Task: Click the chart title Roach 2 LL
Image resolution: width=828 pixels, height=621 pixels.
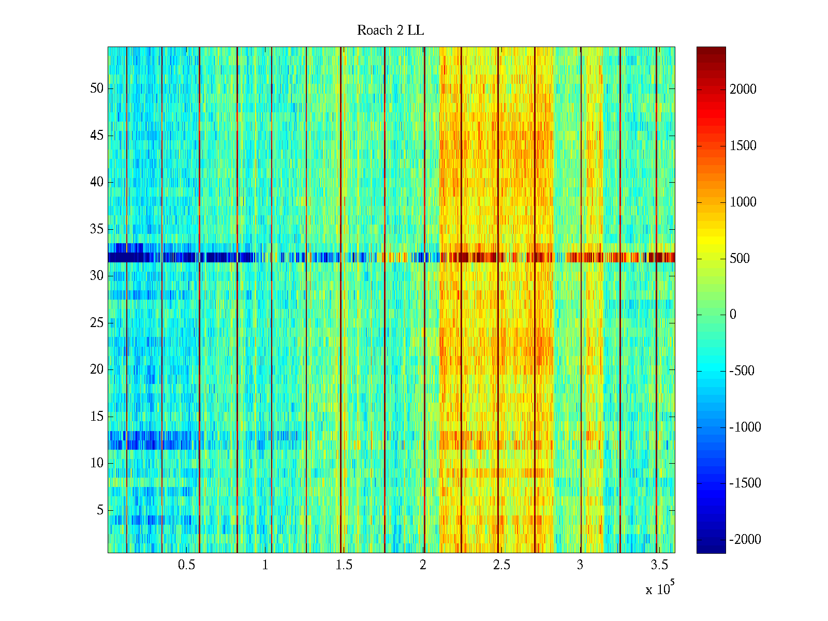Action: point(390,31)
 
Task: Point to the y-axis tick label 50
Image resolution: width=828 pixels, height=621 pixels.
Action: point(97,88)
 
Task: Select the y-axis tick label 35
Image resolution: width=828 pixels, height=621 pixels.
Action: point(97,229)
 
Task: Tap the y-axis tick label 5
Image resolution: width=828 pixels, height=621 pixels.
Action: point(100,510)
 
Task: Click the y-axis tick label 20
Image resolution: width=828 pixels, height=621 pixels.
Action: point(97,369)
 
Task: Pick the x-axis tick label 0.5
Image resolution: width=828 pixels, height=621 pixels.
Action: point(186,565)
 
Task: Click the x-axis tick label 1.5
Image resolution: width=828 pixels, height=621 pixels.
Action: point(344,565)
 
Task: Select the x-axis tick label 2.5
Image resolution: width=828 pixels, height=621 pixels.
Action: point(501,565)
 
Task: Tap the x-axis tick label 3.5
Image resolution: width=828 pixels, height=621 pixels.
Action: point(658,565)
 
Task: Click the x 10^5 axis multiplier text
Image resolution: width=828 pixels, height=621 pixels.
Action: point(659,589)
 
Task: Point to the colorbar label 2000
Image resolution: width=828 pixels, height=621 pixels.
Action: point(743,90)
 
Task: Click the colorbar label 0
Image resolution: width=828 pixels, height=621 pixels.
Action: point(733,315)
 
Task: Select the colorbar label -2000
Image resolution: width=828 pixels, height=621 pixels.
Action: point(745,540)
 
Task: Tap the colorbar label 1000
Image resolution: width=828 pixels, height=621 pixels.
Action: point(743,202)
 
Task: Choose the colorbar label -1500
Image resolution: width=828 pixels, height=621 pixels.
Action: point(745,483)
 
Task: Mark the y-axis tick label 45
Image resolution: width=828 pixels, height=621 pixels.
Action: point(97,136)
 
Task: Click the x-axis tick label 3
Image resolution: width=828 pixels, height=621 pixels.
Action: point(580,565)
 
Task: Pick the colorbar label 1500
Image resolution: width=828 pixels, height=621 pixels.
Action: point(743,146)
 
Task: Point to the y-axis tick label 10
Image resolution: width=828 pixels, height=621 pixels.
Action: point(97,463)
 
